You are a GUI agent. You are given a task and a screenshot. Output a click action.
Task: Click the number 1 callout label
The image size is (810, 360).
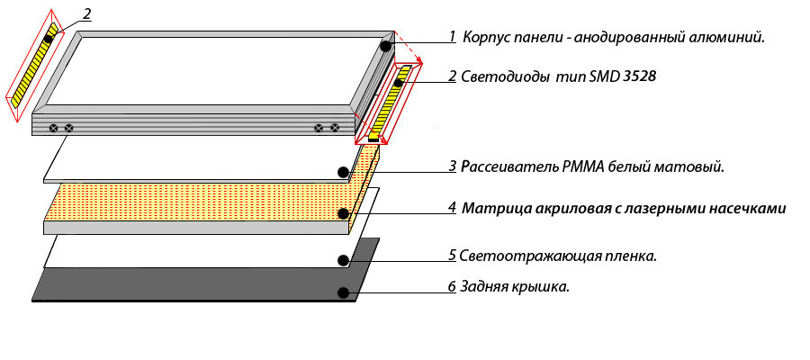[453, 37]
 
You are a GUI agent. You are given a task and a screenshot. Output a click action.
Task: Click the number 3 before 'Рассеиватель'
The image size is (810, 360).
[453, 167]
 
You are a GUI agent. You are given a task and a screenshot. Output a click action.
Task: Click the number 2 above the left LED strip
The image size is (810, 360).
[86, 13]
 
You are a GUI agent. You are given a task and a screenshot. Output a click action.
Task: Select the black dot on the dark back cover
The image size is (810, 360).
[342, 292]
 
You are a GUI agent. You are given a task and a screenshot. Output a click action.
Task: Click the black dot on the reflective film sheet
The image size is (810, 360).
[343, 261]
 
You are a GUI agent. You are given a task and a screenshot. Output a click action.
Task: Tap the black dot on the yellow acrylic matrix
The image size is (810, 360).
[344, 214]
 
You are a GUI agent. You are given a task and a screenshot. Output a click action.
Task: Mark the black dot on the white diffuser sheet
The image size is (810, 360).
[342, 172]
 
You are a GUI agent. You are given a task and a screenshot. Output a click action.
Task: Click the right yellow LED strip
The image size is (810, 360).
[391, 103]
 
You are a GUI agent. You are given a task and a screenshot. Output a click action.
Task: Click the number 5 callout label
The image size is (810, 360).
[453, 256]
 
